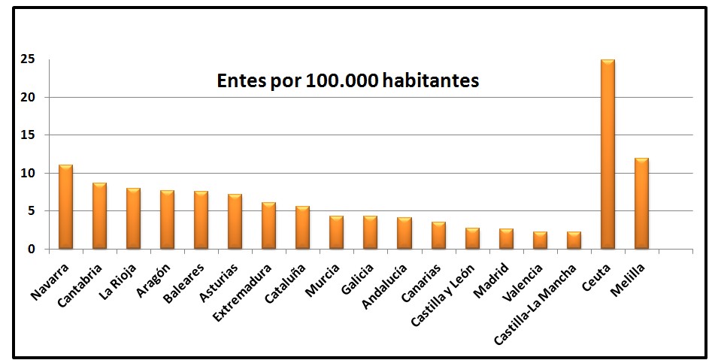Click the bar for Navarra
pyautogui.click(x=65, y=207)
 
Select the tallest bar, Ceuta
pyautogui.click(x=607, y=154)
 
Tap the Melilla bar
pyautogui.click(x=641, y=203)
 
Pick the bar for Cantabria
pyautogui.click(x=99, y=216)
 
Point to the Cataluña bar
pyautogui.click(x=302, y=227)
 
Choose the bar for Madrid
pyautogui.click(x=506, y=238)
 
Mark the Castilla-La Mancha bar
pyautogui.click(x=574, y=240)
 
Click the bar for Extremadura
pyautogui.click(x=268, y=225)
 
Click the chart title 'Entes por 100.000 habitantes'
pyautogui.click(x=347, y=81)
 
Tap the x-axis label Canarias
pyautogui.click(x=423, y=280)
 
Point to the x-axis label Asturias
pyautogui.click(x=220, y=279)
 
